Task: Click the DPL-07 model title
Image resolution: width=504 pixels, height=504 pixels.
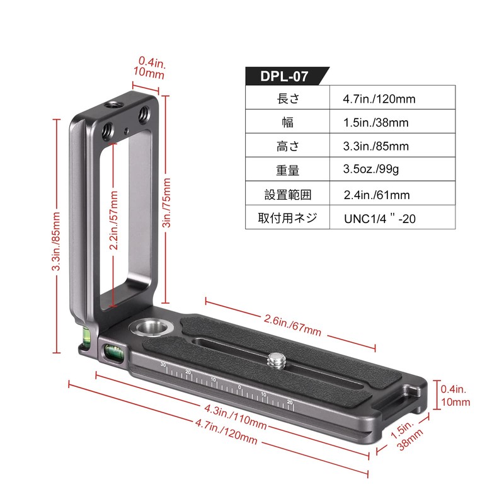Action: point(284,76)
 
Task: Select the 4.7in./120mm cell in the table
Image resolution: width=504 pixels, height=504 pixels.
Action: point(379,99)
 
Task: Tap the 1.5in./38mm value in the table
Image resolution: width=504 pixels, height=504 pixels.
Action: point(376,123)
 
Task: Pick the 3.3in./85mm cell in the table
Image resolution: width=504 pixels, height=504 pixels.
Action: point(376,146)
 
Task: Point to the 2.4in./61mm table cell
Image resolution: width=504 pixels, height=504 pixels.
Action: point(377,195)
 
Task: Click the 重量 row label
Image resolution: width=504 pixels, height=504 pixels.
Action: point(288,170)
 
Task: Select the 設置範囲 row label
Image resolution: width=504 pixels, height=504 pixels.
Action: point(288,195)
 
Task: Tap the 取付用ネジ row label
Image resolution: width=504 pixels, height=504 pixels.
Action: point(288,219)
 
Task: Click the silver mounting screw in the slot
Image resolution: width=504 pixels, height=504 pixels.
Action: point(277,361)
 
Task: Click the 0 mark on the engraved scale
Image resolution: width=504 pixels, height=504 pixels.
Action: point(239,386)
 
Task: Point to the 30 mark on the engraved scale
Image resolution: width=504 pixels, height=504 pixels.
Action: point(163,365)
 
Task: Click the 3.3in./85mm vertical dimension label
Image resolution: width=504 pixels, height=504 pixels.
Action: point(56,240)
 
